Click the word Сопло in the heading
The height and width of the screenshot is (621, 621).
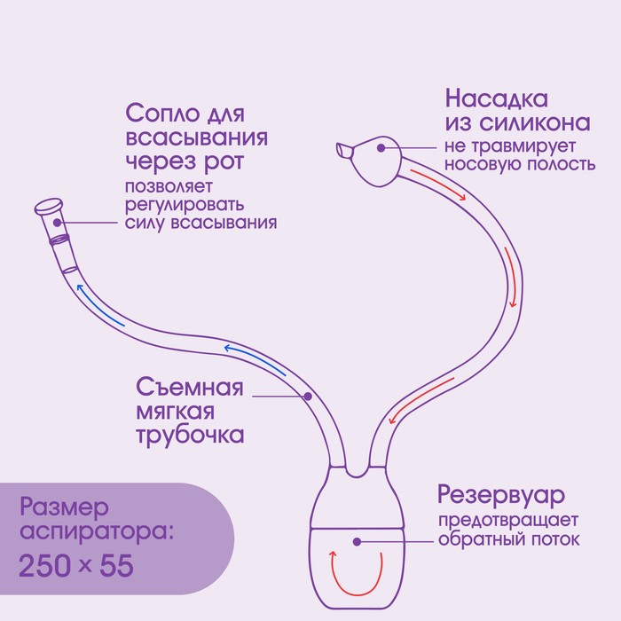pyautogui.click(x=162, y=114)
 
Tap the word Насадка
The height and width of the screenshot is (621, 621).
pyautogui.click(x=497, y=98)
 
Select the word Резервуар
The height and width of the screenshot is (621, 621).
pyautogui.click(x=501, y=495)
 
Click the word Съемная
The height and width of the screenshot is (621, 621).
pyautogui.click(x=189, y=387)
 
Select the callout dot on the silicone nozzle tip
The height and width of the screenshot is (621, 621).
pyautogui.click(x=381, y=148)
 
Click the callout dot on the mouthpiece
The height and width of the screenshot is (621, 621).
pyautogui.click(x=58, y=223)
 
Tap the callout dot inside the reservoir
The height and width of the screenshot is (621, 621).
pyautogui.click(x=357, y=542)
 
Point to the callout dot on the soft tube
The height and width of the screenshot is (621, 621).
pyautogui.click(x=308, y=396)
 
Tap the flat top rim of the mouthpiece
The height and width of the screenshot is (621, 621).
pyautogui.click(x=49, y=206)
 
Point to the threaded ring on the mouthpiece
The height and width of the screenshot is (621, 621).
pyautogui.click(x=59, y=240)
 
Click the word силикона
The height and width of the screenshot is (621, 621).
pyautogui.click(x=535, y=122)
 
